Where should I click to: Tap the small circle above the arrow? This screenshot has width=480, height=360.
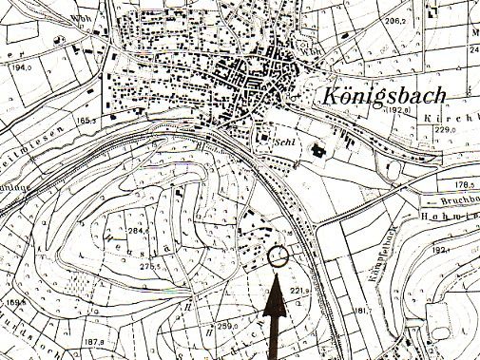pos(278,255)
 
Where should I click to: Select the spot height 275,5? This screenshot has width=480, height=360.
pos(151,267)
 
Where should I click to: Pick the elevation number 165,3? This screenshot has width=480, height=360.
pos(89,121)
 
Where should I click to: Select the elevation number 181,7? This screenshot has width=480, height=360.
pos(360,311)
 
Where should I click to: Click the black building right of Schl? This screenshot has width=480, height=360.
pos(319,149)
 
